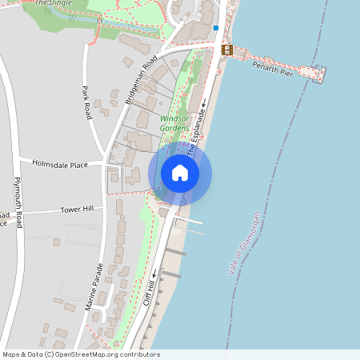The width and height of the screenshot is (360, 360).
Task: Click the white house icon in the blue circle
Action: click(x=180, y=173)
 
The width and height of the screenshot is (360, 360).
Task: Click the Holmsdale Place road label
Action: click(x=60, y=164)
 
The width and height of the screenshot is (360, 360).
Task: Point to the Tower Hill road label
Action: click(x=77, y=210)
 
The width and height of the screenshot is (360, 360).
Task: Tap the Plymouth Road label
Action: click(x=18, y=199)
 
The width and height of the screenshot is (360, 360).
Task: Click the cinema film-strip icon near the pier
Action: click(x=227, y=50)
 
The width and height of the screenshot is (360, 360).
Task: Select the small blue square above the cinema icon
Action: click(x=215, y=28)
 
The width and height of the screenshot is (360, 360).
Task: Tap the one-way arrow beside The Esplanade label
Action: click(x=203, y=103)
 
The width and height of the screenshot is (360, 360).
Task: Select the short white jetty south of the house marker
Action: click(x=189, y=220)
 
